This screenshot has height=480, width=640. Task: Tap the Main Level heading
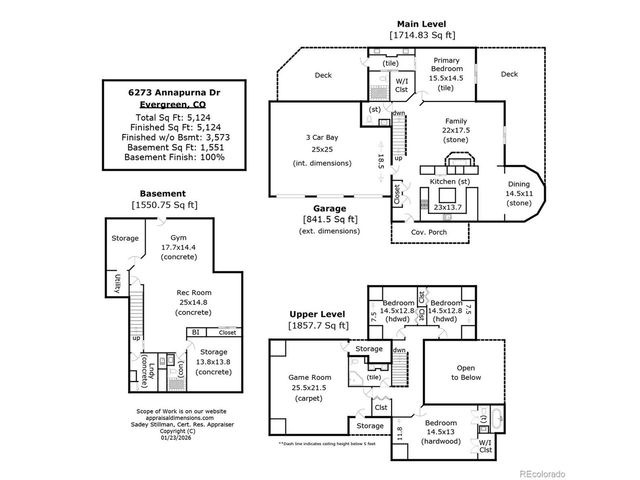click(x=420, y=23)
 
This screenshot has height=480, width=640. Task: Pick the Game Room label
click(x=309, y=377)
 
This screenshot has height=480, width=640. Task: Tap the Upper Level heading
click(x=319, y=313)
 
